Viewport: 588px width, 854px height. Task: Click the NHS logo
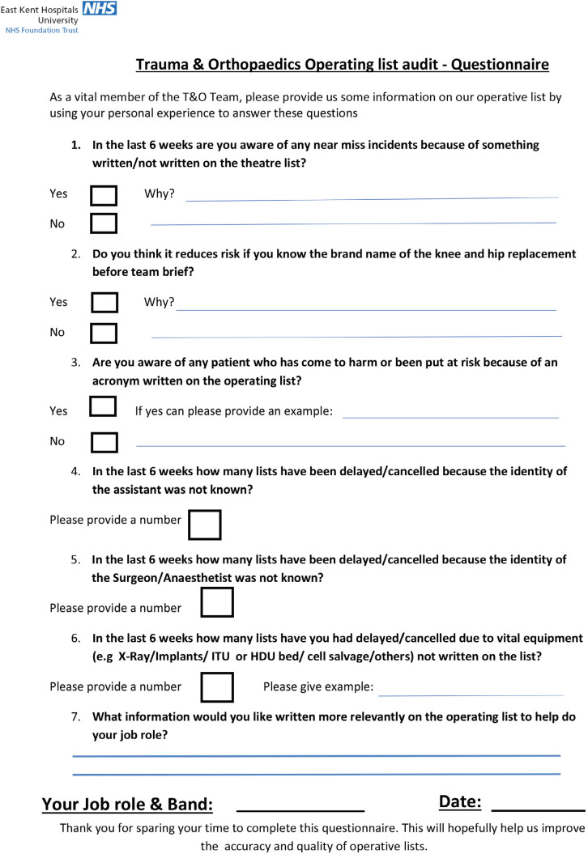pyautogui.click(x=99, y=9)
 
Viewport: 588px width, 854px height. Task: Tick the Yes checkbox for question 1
pyautogui.click(x=104, y=195)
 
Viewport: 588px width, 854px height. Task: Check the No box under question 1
pyautogui.click(x=104, y=223)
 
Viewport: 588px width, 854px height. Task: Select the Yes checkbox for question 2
pyautogui.click(x=104, y=303)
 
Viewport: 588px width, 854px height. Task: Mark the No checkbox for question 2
pyautogui.click(x=104, y=333)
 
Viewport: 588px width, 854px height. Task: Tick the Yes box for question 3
pyautogui.click(x=103, y=406)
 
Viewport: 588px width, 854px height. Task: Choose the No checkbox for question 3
pyautogui.click(x=104, y=442)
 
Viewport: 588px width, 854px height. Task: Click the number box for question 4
pyautogui.click(x=205, y=525)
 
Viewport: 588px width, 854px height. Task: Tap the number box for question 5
pyautogui.click(x=217, y=602)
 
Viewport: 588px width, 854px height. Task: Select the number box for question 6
pyautogui.click(x=217, y=687)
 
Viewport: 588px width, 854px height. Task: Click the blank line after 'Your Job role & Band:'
pyautogui.click(x=300, y=809)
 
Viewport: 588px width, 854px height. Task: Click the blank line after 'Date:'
pyautogui.click(x=538, y=809)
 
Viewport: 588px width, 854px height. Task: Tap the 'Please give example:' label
pyautogui.click(x=318, y=687)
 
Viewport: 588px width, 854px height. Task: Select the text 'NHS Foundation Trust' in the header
pyautogui.click(x=41, y=30)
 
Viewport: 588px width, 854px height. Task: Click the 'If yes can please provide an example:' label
pyautogui.click(x=234, y=411)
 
